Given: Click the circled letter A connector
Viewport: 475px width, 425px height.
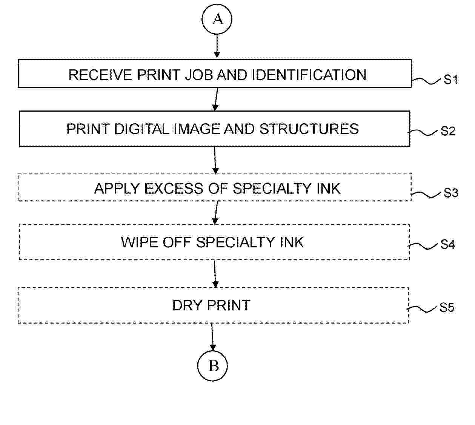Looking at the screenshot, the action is (x=217, y=19).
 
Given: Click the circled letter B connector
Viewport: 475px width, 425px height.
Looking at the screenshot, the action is (x=212, y=366).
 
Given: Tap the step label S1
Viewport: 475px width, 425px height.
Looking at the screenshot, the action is (x=450, y=80).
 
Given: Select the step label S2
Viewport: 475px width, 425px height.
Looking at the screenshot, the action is (x=448, y=131).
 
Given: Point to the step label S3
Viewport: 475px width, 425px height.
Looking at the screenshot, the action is (x=450, y=193).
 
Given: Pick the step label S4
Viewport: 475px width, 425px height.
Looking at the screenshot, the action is (x=447, y=244).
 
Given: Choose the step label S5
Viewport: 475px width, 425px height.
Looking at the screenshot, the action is (x=447, y=307).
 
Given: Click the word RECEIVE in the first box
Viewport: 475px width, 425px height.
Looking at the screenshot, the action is (x=100, y=75).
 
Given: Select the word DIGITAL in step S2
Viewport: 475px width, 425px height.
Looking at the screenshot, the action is (x=141, y=129).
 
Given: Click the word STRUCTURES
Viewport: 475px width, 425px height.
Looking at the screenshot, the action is (x=309, y=129).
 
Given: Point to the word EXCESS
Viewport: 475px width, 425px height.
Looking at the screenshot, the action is (x=174, y=189).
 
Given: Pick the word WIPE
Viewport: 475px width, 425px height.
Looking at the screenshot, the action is (x=140, y=242).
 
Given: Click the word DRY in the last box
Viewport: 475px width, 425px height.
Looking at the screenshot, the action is (x=188, y=305).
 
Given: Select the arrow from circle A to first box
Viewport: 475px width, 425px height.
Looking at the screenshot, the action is (x=217, y=46).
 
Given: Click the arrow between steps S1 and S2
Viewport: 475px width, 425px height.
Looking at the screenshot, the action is (x=216, y=99).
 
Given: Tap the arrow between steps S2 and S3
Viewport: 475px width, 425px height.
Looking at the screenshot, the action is (x=215, y=160).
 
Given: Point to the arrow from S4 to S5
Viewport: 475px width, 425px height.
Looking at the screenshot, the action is (x=215, y=273).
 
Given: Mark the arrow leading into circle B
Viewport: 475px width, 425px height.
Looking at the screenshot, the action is (x=212, y=337).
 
